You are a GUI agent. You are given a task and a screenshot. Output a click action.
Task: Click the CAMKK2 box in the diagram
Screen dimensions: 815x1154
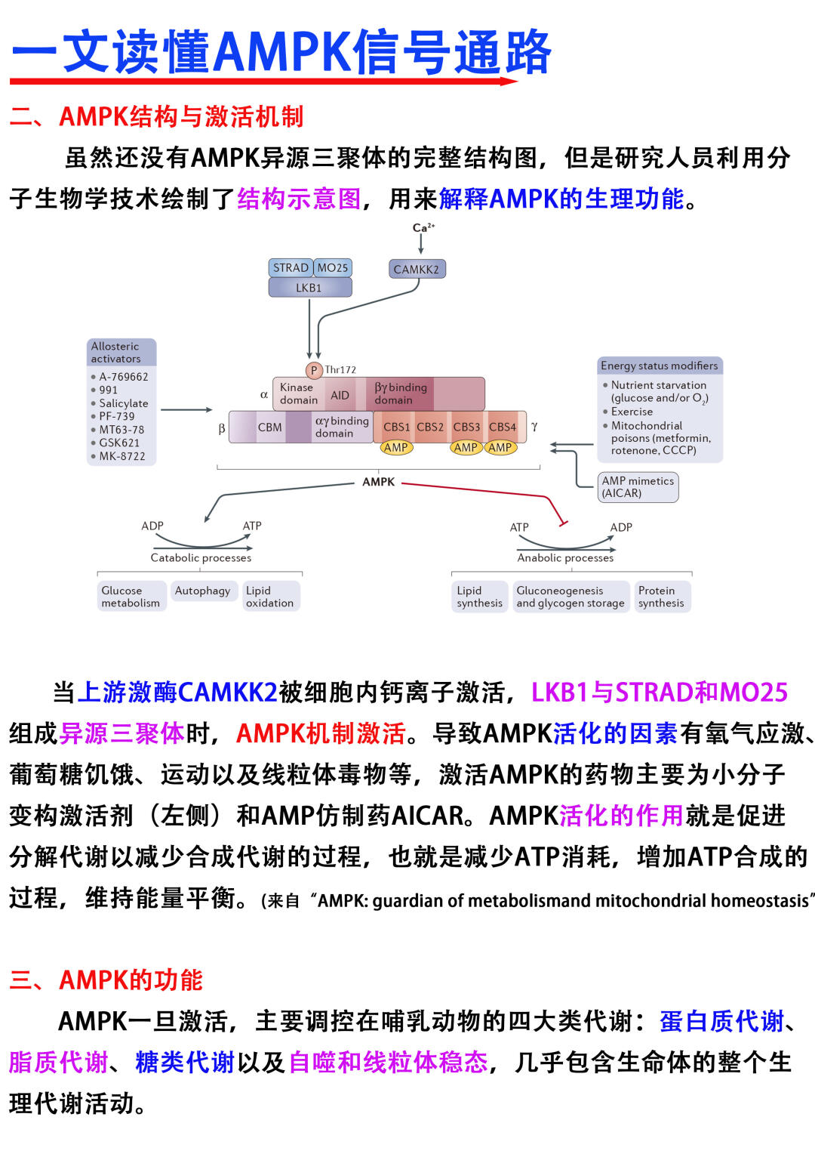pyautogui.click(x=416, y=269)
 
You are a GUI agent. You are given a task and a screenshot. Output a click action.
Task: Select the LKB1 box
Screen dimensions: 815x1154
pyautogui.click(x=309, y=288)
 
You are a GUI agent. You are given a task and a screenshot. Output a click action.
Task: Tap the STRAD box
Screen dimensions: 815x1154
pyautogui.click(x=291, y=267)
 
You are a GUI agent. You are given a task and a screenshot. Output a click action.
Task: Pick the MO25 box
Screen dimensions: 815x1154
pyautogui.click(x=333, y=267)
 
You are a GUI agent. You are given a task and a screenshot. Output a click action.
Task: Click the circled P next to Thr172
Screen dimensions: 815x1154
pyautogui.click(x=314, y=370)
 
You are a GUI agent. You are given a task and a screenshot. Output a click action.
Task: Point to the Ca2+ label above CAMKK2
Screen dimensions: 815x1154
pyautogui.click(x=423, y=227)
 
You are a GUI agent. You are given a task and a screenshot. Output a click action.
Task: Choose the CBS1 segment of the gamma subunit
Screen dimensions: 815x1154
pyautogui.click(x=396, y=427)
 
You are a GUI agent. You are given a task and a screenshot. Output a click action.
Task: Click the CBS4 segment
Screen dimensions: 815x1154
pyautogui.click(x=503, y=427)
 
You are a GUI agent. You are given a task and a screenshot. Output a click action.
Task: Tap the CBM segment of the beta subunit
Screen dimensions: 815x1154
pyautogui.click(x=269, y=427)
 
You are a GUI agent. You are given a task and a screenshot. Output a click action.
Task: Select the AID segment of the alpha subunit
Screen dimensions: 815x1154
pyautogui.click(x=340, y=394)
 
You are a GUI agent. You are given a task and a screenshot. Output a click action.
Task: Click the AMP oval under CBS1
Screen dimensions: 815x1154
pyautogui.click(x=395, y=447)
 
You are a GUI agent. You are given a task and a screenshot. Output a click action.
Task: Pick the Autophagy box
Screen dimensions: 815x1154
pyautogui.click(x=202, y=591)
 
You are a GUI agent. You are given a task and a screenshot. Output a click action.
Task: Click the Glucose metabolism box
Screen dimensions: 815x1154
pyautogui.click(x=131, y=597)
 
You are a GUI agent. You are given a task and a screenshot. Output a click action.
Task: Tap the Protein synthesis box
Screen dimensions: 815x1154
pyautogui.click(x=661, y=597)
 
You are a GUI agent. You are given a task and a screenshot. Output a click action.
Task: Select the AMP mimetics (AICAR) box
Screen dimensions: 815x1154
pyautogui.click(x=638, y=486)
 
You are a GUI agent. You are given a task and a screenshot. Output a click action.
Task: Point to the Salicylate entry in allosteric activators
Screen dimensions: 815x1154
pyautogui.click(x=124, y=403)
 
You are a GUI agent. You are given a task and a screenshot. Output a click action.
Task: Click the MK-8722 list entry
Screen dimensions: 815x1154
pyautogui.click(x=122, y=456)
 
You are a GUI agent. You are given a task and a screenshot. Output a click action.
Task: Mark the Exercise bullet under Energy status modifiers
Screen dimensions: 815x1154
pyautogui.click(x=632, y=412)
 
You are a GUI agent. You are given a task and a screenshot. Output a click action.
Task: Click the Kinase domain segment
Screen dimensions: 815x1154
pyautogui.click(x=298, y=393)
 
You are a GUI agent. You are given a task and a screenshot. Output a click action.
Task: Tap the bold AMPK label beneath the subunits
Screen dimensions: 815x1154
pyautogui.click(x=378, y=482)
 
